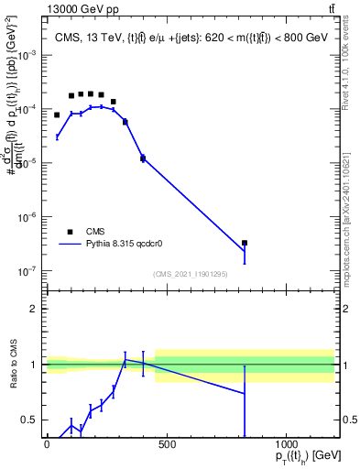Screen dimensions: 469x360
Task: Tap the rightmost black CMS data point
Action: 245,243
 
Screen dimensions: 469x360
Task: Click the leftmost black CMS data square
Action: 57,115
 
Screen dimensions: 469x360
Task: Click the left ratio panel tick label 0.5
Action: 30,420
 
